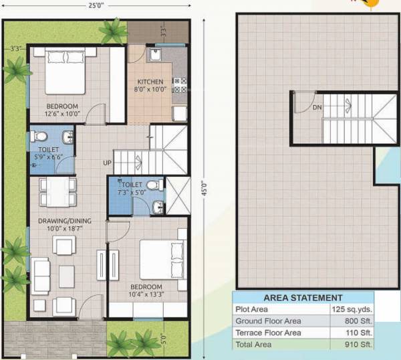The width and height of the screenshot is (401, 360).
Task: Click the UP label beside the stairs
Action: click(x=107, y=163)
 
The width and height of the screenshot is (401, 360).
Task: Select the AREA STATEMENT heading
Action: click(x=303, y=297)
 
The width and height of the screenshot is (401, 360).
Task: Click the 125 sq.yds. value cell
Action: click(x=352, y=309)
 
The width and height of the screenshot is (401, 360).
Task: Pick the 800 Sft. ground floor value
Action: click(x=354, y=321)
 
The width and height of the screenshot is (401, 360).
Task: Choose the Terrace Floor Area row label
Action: click(x=268, y=333)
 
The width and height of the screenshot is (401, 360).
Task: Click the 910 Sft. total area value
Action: click(x=354, y=345)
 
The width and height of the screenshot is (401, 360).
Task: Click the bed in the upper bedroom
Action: click(x=64, y=74)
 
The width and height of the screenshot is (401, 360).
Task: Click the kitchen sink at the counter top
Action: click(x=155, y=56)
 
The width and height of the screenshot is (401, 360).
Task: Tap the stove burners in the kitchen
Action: click(x=179, y=84)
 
